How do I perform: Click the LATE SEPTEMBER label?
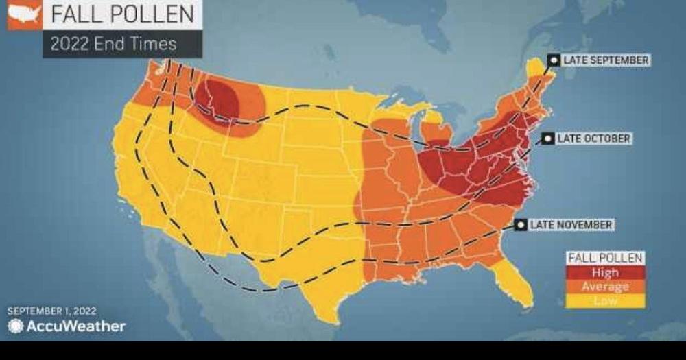coord(605,60)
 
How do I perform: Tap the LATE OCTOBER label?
coord(593,139)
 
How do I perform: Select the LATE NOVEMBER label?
coord(570,225)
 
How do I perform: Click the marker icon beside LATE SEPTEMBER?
coord(554,60)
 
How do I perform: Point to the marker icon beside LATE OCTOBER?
coord(547,139)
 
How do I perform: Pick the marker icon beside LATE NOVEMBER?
coord(521,225)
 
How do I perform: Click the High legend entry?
coord(605,272)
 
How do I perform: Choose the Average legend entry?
coord(605,287)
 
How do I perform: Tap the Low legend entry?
coord(605,300)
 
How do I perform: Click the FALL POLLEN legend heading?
coord(605,259)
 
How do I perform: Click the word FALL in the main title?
coord(75,14)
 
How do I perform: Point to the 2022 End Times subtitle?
coord(114,44)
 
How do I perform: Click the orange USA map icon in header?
coord(24,14)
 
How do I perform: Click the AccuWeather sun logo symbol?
coord(15,326)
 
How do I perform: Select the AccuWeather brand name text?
coord(75,326)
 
